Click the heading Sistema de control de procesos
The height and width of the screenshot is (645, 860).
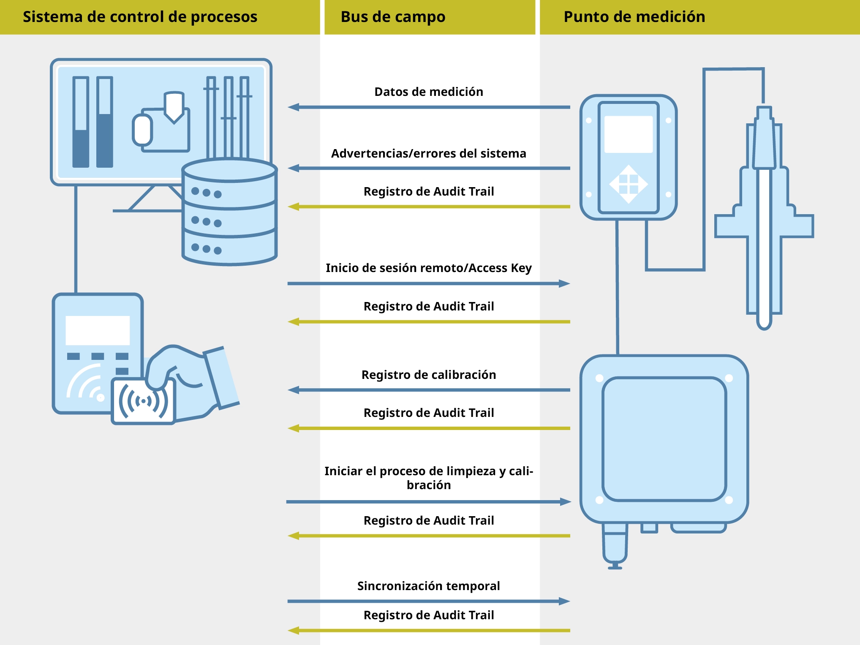(140, 17)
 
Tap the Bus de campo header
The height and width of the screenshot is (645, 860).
(393, 17)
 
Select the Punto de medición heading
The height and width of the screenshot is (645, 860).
(634, 17)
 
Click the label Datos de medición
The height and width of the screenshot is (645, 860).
(428, 92)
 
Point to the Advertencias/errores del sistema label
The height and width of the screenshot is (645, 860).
(428, 153)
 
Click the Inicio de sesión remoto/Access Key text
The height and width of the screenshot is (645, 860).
(428, 268)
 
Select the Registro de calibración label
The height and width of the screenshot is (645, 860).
(428, 375)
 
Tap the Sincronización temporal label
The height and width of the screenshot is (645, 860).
(428, 586)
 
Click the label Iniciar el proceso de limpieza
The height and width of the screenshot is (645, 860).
(428, 478)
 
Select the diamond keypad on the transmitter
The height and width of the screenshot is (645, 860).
(629, 184)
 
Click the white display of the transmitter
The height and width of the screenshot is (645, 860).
(629, 134)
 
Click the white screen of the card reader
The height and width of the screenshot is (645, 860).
(98, 330)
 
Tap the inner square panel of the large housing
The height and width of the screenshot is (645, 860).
(664, 439)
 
